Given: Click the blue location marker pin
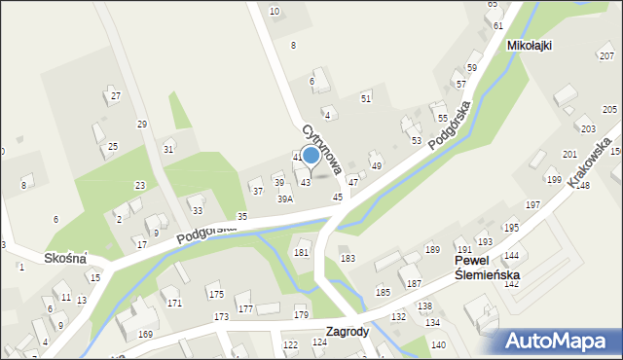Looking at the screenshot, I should [x=311, y=155].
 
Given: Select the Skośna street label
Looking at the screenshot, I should [x=65, y=258].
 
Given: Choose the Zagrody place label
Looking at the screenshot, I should [x=348, y=331].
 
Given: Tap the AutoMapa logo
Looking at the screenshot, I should [x=559, y=341].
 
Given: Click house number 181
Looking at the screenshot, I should [x=302, y=253].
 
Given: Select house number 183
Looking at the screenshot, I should [x=348, y=258].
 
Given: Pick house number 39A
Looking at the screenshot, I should [x=285, y=198].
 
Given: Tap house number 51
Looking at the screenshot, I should [x=366, y=98].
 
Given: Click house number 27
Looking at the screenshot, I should [x=115, y=95].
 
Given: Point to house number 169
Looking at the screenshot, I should [x=145, y=335].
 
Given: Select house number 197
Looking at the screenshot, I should [x=532, y=204].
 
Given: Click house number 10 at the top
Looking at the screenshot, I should [x=274, y=11].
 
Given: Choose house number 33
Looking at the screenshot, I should [x=197, y=210].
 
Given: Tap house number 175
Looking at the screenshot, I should [x=215, y=294].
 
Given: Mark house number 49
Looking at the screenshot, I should [x=377, y=166].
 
